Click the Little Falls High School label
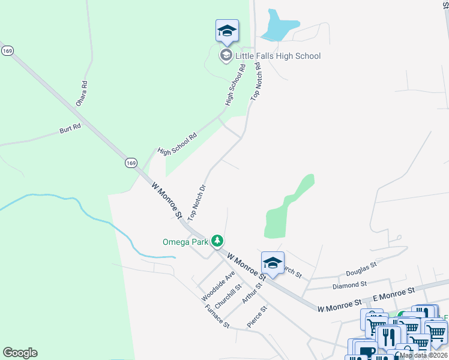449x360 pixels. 278,56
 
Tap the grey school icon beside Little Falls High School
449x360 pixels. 226,56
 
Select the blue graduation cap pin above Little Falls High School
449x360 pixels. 227,31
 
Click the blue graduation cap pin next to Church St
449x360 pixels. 273,263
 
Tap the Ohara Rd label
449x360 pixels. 82,94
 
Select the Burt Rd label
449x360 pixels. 70,129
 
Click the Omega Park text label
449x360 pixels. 185,242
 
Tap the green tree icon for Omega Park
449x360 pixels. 217,241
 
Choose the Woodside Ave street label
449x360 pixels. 218,286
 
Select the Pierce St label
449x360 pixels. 256,317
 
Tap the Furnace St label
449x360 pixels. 217,317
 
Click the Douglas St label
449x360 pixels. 361,265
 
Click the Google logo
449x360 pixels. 20,353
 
